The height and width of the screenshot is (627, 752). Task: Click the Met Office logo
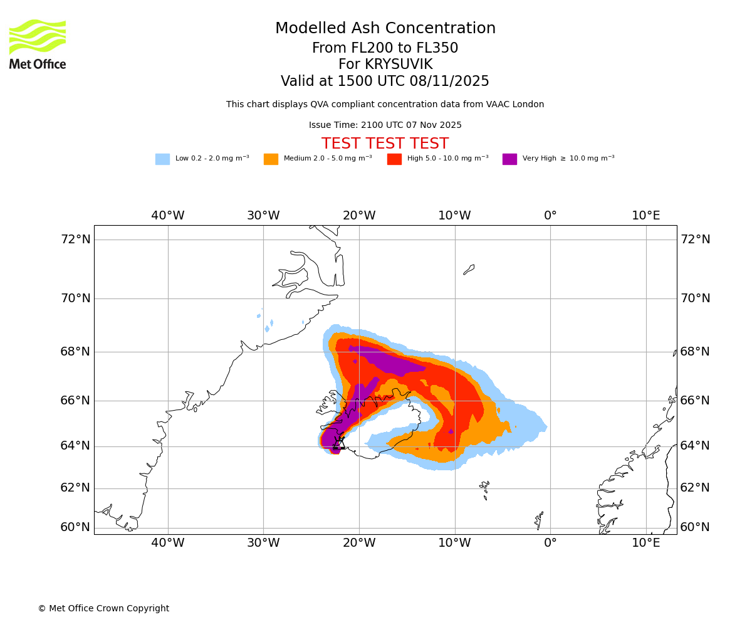point(38,45)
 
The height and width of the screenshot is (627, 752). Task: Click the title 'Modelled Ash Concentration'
point(385,28)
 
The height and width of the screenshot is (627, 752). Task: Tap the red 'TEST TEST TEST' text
point(385,144)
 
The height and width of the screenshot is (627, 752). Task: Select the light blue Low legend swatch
point(162,159)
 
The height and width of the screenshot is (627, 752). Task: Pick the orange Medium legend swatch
point(271,159)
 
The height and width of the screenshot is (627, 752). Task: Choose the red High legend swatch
point(394,159)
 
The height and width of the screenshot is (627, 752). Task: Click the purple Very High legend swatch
point(509,159)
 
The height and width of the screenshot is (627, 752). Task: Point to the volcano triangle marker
point(339,443)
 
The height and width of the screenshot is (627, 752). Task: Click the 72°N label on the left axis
point(75,239)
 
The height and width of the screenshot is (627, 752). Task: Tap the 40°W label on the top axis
point(167,216)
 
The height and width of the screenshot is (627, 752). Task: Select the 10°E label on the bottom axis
point(645,542)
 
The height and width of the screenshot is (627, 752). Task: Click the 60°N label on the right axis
point(695,527)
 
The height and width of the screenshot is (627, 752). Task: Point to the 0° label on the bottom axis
point(550,542)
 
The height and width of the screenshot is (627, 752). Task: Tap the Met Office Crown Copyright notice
point(103,608)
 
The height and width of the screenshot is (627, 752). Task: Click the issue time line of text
point(385,125)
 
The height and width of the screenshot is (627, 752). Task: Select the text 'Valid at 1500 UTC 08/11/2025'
point(385,81)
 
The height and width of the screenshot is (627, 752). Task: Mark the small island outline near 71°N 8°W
point(469,270)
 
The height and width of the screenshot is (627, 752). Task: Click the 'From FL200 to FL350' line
point(385,48)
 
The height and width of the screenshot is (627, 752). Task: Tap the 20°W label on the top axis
point(359,216)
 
